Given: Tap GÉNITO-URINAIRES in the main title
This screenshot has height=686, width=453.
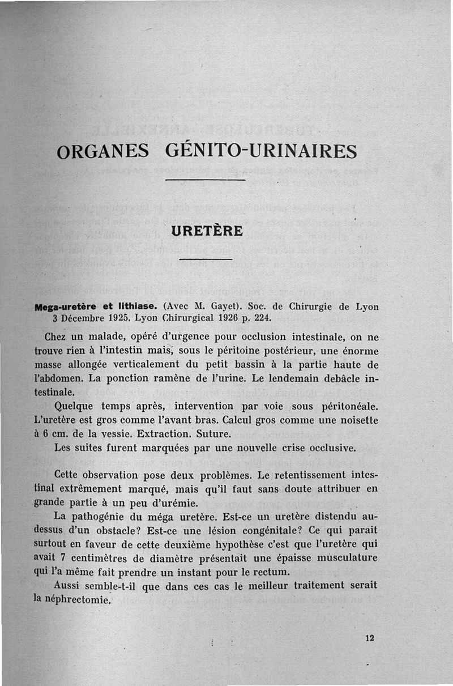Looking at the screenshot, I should tap(261, 151).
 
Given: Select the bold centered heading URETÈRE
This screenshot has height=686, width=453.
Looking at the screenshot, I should tap(207, 231).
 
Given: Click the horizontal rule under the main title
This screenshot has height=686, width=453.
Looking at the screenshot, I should tap(204, 180).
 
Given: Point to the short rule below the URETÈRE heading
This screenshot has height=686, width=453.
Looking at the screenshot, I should tap(206, 259).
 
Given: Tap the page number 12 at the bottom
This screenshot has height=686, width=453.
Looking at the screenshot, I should tap(370, 638).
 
